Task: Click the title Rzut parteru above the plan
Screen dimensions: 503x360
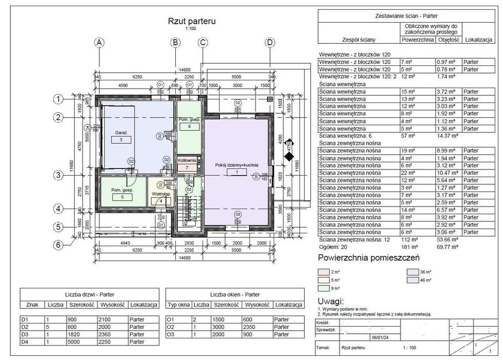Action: (191, 21)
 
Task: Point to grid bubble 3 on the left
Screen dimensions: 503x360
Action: (59, 175)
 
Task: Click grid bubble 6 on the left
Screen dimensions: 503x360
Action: (59, 245)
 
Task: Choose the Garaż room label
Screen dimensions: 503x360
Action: (121, 132)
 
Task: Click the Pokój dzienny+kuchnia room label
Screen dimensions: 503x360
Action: (237, 165)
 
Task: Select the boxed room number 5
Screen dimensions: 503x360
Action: (122, 197)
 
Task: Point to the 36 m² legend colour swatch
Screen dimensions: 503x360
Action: (413, 271)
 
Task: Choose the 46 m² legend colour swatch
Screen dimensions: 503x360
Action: (413, 280)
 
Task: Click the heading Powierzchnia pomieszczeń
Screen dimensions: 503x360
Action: (368, 258)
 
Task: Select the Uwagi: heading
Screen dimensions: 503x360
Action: (330, 301)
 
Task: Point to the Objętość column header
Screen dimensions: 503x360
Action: (448, 39)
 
